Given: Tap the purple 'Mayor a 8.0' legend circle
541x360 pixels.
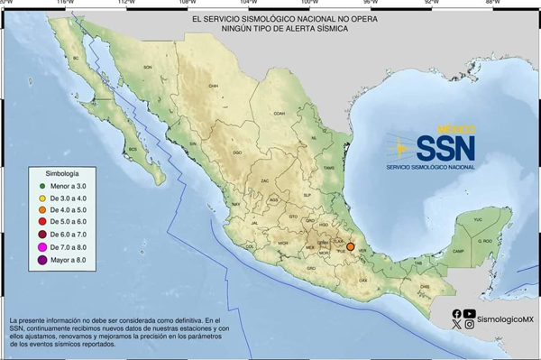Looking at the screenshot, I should tap(41, 259).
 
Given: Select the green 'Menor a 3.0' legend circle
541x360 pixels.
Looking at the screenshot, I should tap(41, 185).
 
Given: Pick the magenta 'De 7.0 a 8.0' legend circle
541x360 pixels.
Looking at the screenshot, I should tap(41, 246).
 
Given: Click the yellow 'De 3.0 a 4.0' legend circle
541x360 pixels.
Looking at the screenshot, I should tap(41, 198).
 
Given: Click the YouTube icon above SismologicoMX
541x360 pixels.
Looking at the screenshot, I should tap(470, 313).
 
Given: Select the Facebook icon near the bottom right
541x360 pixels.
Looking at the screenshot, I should tap(457, 313).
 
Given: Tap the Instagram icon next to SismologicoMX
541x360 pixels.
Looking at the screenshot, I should tap(470, 325).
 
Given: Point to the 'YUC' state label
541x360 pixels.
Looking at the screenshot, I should tap(478, 219).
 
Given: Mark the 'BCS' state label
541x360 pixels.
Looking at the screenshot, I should tap(133, 148).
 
